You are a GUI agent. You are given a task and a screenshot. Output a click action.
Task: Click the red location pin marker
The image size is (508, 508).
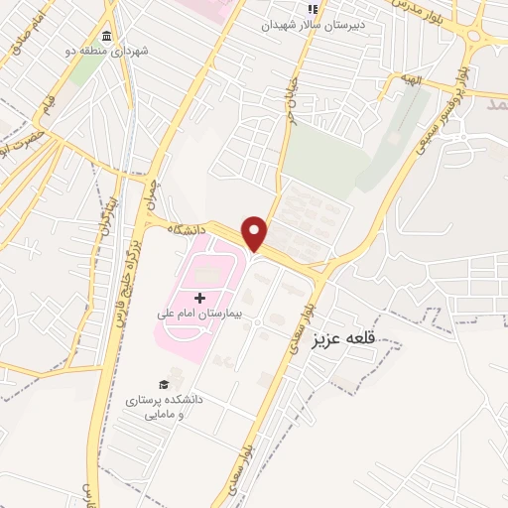pyautogui.click(x=255, y=233)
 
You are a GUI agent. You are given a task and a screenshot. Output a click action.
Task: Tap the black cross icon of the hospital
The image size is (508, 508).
pyautogui.click(x=200, y=297)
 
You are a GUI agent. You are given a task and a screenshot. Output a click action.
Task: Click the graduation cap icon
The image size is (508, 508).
pyautogui.click(x=163, y=385)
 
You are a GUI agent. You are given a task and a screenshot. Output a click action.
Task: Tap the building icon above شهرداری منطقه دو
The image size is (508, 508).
pyautogui.click(x=105, y=36)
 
